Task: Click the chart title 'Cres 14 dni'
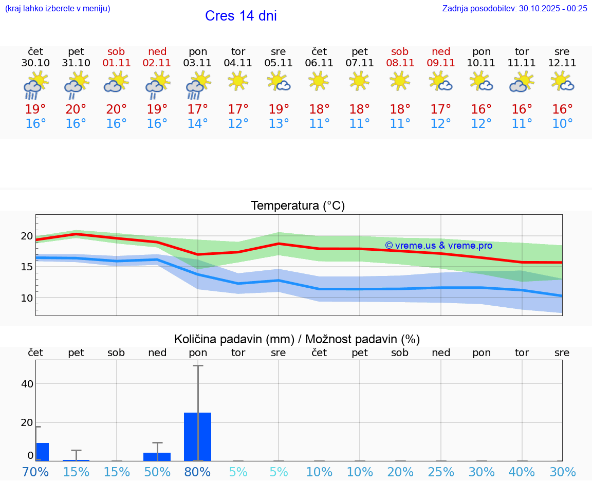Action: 240,16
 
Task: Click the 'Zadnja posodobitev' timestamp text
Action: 514,8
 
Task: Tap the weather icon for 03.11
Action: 198,85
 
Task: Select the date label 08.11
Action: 400,63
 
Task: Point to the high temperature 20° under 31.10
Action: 76,109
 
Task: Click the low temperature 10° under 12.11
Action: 562,123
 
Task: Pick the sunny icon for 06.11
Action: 319,81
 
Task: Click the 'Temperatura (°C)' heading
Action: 298,206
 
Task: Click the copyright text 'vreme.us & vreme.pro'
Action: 438,246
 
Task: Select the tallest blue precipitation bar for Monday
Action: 198,436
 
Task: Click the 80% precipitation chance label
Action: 198,472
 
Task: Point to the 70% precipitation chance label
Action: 35,472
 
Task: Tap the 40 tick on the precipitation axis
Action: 27,384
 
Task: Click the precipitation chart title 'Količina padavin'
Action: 297,339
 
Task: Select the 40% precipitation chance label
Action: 522,472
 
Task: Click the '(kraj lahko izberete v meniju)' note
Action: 58,8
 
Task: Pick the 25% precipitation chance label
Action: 441,472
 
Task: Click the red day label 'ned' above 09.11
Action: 441,51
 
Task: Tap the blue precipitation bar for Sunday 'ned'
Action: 157,456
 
